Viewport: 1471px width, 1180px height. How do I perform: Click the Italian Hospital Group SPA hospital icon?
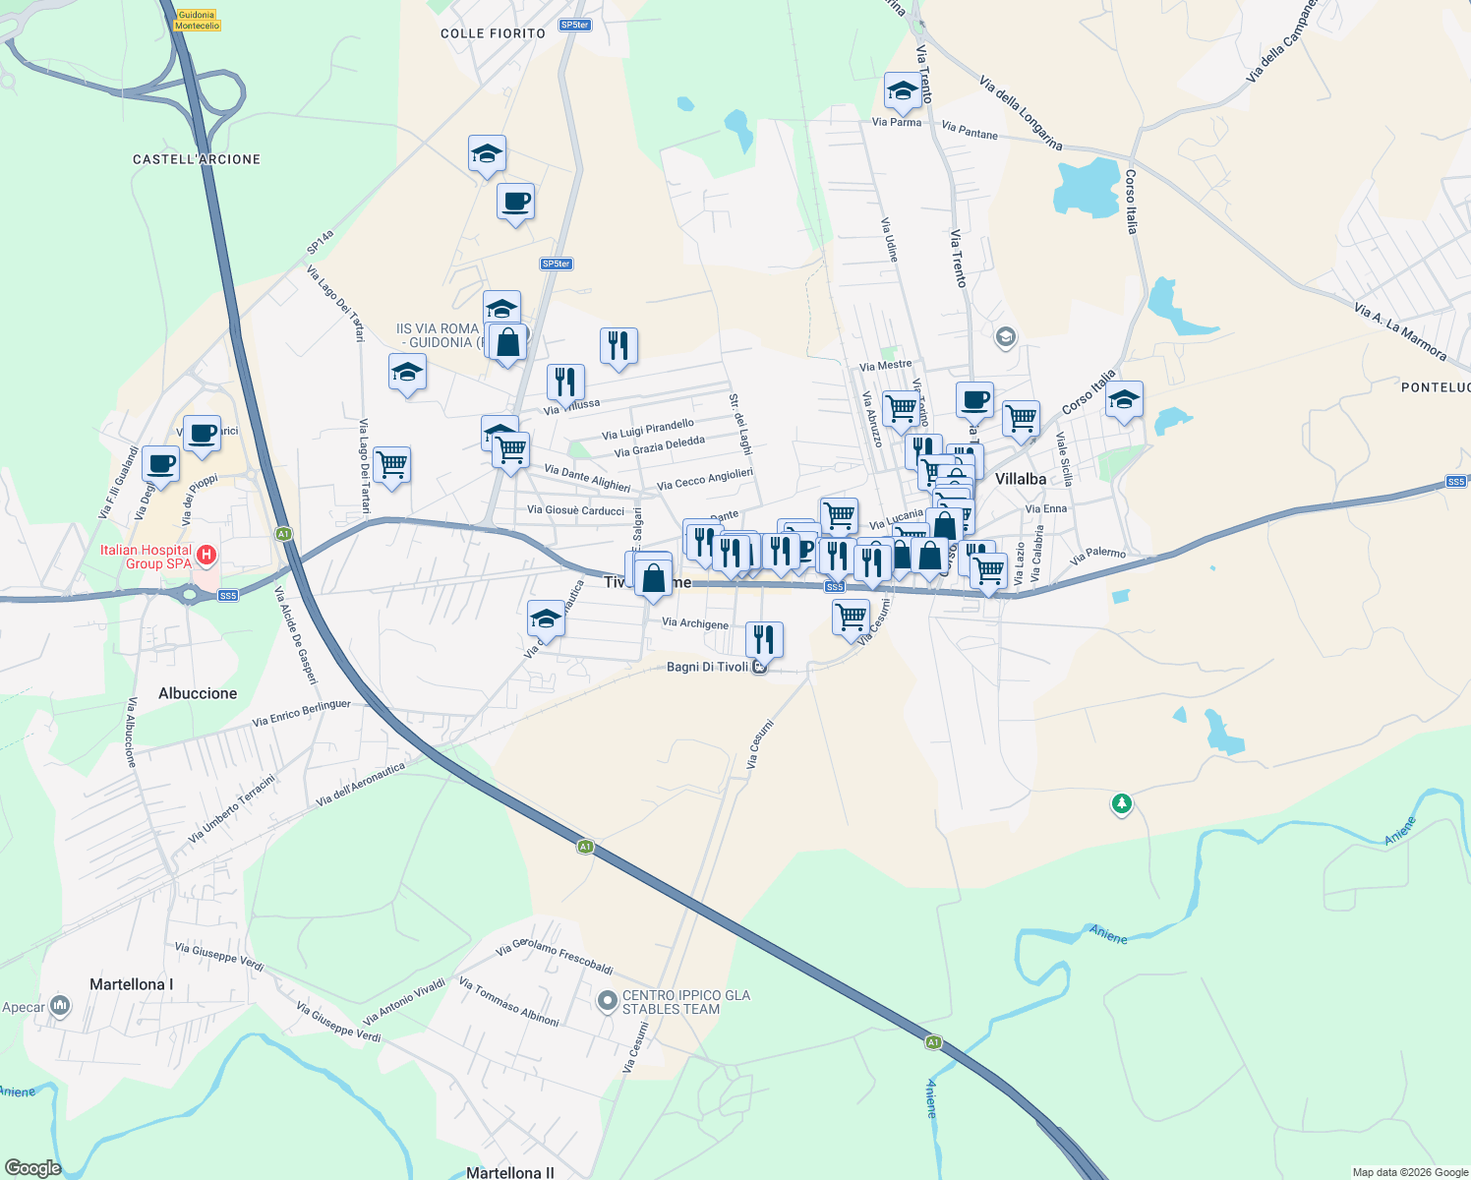(206, 556)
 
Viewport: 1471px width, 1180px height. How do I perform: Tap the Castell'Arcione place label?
(197, 159)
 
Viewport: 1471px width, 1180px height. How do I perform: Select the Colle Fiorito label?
(493, 33)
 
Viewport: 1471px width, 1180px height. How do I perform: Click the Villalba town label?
(1021, 479)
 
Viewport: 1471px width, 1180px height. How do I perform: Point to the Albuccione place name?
(198, 693)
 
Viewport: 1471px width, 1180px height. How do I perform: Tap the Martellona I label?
(131, 984)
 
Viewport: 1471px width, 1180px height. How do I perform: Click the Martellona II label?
(509, 1172)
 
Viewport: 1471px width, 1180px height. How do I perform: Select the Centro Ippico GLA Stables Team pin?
(608, 1001)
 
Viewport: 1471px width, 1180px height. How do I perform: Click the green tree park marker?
(1121, 804)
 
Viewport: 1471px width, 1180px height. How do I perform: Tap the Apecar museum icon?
(60, 1006)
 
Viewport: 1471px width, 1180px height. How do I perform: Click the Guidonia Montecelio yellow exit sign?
(197, 21)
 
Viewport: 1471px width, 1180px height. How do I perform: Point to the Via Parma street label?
(897, 123)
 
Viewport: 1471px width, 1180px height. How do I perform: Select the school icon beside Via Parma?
(902, 91)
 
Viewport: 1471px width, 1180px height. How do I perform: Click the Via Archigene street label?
(695, 623)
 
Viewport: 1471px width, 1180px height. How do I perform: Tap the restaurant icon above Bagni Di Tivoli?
(764, 639)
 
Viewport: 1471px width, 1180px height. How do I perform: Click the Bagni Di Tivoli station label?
(707, 667)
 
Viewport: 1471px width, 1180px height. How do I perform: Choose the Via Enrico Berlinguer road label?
(301, 714)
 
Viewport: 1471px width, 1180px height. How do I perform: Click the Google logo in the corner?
(32, 1168)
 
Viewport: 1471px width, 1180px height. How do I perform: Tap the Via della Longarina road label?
(1021, 113)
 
